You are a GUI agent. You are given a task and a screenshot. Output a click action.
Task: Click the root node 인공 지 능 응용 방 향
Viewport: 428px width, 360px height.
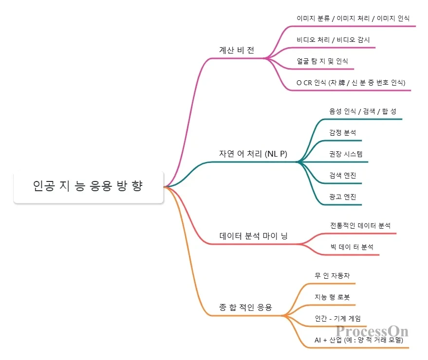click(x=88, y=186)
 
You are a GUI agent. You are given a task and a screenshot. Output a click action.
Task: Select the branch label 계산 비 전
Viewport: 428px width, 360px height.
click(x=237, y=51)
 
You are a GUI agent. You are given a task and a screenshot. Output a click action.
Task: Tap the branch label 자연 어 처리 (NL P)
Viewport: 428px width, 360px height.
click(x=253, y=154)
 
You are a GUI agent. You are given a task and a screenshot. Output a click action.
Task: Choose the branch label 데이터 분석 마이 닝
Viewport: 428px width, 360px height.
click(x=254, y=236)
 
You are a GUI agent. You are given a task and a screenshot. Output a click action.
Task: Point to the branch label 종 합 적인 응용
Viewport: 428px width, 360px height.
click(x=245, y=307)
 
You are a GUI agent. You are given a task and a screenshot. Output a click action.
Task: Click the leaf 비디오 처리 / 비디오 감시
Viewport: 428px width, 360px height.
click(x=333, y=40)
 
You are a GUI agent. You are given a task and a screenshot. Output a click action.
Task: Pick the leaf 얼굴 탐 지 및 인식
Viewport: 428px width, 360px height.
click(x=322, y=61)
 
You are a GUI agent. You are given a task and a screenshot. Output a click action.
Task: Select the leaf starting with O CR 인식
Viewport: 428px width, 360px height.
click(x=351, y=83)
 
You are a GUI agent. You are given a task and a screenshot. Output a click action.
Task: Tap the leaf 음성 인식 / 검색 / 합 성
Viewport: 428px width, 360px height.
click(x=363, y=111)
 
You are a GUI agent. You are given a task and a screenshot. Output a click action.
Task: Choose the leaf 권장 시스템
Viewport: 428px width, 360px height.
click(x=346, y=154)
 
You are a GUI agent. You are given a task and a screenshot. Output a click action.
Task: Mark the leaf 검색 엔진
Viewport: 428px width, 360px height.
click(x=343, y=175)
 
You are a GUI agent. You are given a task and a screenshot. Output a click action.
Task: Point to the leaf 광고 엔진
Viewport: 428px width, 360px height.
click(x=343, y=197)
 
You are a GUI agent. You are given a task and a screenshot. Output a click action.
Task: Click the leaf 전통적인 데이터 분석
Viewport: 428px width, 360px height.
click(x=360, y=226)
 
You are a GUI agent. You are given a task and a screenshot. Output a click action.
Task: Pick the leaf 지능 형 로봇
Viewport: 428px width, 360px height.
click(x=332, y=297)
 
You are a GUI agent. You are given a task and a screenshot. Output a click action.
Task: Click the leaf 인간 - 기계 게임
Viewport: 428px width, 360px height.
click(x=337, y=319)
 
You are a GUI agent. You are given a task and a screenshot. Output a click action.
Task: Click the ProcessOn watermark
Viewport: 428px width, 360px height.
click(x=372, y=332)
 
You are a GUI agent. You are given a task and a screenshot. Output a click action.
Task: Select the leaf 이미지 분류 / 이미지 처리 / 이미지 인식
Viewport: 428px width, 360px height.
click(x=353, y=18)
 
